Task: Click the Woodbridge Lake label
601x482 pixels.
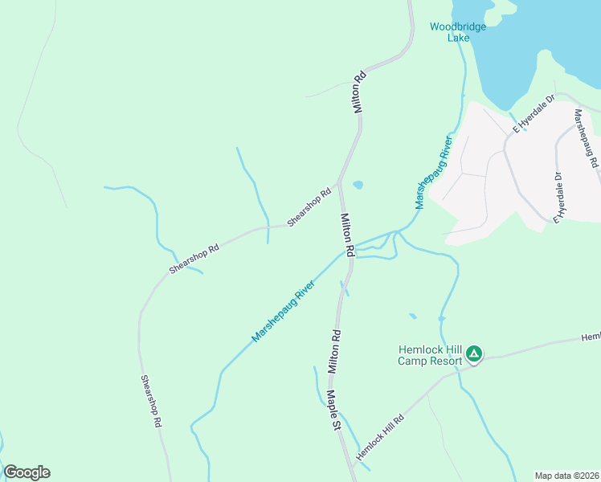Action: coord(458,32)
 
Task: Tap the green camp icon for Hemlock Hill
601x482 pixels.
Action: coord(474,353)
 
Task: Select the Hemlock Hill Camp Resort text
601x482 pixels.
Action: coord(431,355)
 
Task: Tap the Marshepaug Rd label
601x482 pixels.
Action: coord(585,139)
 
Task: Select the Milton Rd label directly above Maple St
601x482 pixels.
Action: coord(335,351)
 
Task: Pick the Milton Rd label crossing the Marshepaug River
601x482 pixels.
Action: coord(347,235)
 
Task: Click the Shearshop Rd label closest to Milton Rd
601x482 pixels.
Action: coord(309,207)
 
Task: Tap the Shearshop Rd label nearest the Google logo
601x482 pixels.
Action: coord(153,400)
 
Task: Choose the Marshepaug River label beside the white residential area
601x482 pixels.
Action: coord(434,173)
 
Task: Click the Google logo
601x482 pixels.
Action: coord(27,472)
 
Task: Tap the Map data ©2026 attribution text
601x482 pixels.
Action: coord(566,476)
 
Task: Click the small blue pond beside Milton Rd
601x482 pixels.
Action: coord(358,184)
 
